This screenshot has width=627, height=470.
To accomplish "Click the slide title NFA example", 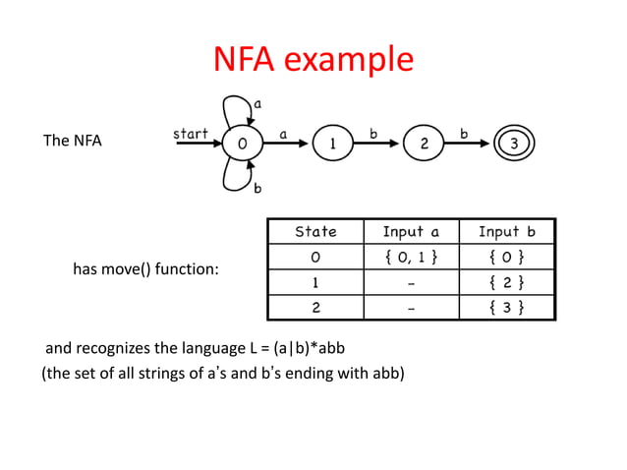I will [313, 61].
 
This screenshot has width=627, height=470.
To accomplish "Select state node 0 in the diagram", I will [241, 144].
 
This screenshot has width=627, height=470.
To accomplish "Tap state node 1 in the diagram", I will [332, 144].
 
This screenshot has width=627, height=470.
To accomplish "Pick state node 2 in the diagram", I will [424, 144].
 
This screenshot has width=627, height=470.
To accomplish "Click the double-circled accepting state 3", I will [514, 144].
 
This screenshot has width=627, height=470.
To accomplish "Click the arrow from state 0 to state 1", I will [286, 144].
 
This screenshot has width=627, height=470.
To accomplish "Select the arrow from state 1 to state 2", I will [377, 144].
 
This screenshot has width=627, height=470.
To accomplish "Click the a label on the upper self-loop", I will [257, 102].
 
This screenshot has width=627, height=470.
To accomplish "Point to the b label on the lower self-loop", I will [257, 187].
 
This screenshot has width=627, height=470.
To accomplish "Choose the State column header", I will [315, 232].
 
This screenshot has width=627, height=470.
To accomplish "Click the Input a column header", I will [411, 232].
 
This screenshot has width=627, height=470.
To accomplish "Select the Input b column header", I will [506, 232].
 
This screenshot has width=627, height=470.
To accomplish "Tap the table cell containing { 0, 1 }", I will [411, 258].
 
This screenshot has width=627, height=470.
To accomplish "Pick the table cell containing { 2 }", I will [506, 283].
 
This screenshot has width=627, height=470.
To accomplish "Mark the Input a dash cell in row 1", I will [411, 283].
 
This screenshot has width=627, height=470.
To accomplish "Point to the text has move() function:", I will [145, 268].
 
